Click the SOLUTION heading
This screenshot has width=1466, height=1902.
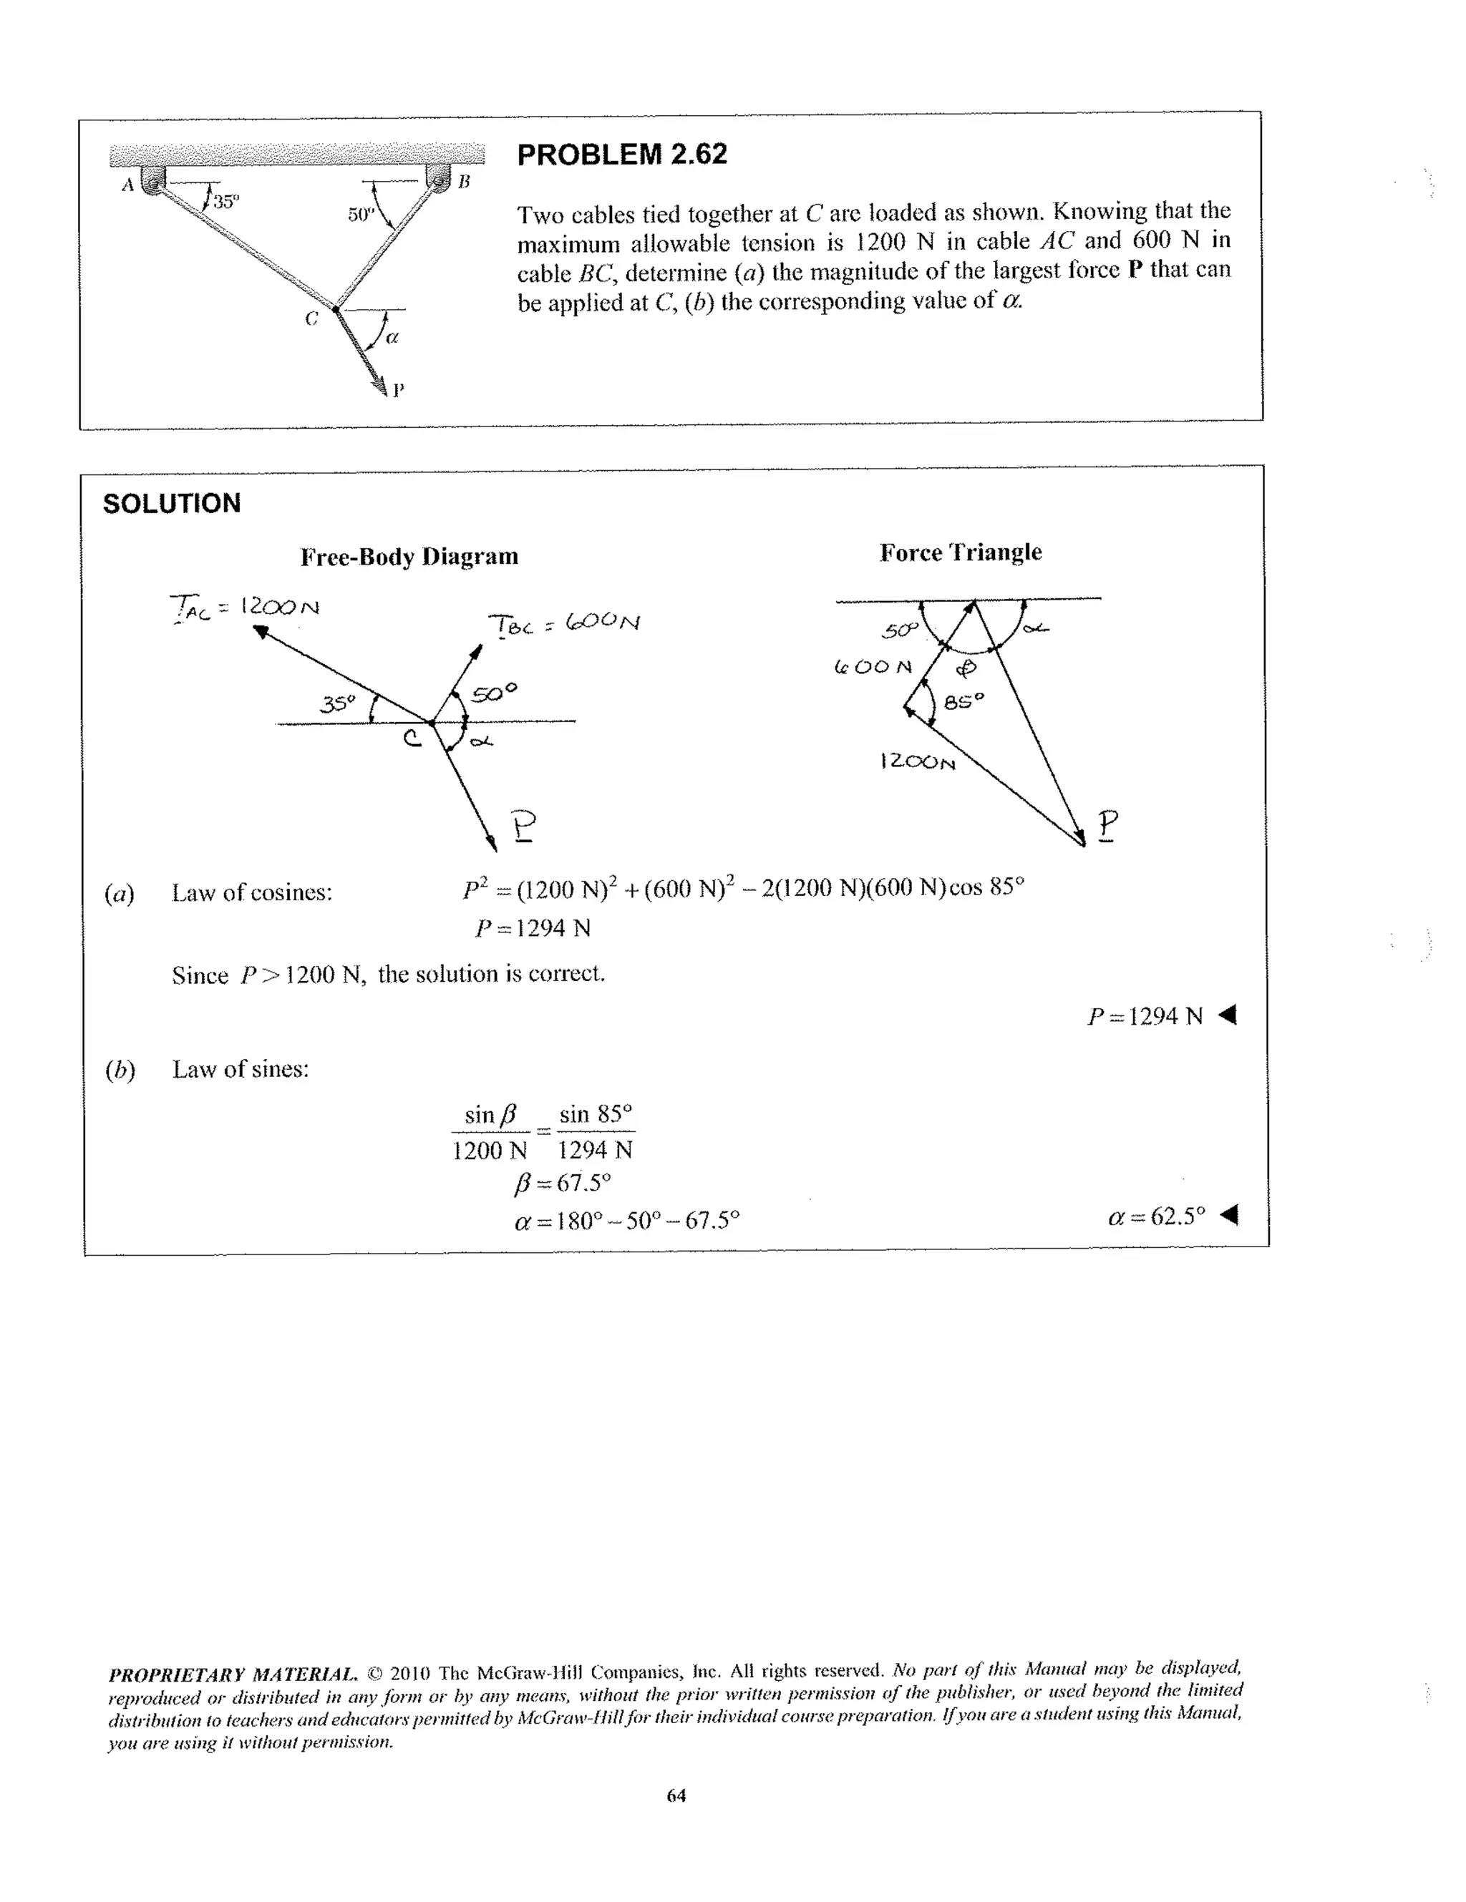[x=172, y=503]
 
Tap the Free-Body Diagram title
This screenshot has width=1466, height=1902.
[x=409, y=557]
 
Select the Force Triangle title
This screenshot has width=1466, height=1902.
[x=960, y=552]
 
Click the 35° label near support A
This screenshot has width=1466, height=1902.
[x=225, y=202]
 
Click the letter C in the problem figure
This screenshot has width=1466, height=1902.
[x=311, y=318]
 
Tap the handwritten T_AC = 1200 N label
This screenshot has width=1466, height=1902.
[x=244, y=606]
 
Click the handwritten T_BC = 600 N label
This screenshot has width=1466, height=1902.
[x=565, y=623]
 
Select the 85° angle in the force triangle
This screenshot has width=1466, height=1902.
[x=963, y=699]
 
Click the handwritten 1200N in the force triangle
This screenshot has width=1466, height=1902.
[x=917, y=761]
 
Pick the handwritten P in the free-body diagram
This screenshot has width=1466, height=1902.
[x=523, y=825]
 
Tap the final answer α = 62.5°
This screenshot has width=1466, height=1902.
[x=1170, y=1216]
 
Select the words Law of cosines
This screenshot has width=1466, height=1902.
[x=252, y=892]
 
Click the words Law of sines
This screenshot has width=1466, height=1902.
[x=241, y=1070]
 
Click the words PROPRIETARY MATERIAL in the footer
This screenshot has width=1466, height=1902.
[x=232, y=1674]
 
